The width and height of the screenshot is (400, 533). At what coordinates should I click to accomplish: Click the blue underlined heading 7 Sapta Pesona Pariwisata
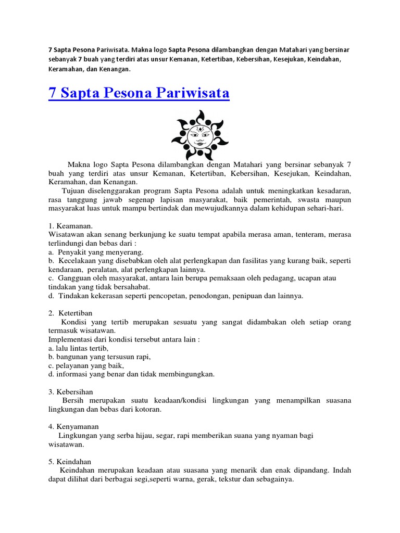(x=139, y=94)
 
